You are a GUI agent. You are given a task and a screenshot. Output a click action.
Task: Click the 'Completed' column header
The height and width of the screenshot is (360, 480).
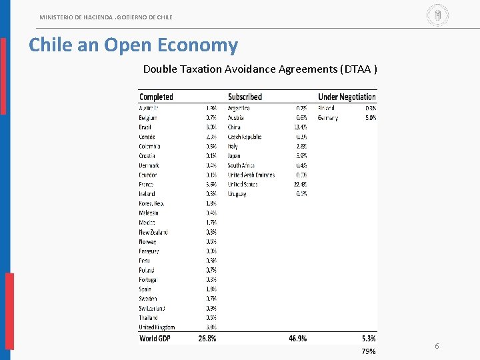click(x=156, y=97)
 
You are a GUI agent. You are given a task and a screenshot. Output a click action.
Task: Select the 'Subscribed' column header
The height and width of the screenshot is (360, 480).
click(x=245, y=97)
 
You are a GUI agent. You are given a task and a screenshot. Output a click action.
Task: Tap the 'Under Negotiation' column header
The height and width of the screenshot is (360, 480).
click(x=347, y=97)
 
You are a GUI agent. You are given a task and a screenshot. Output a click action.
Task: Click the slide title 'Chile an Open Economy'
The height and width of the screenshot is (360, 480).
click(x=133, y=45)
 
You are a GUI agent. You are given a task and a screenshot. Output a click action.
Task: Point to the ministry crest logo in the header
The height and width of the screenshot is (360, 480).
click(x=437, y=15)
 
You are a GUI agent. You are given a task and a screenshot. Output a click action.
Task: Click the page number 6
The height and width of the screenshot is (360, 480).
click(x=437, y=346)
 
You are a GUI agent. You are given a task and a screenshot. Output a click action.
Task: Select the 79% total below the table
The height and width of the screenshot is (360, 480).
click(x=369, y=351)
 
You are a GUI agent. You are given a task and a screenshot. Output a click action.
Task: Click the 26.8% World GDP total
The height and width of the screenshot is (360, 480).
click(x=207, y=339)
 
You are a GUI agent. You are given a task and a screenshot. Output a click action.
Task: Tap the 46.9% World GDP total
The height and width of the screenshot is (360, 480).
click(x=297, y=339)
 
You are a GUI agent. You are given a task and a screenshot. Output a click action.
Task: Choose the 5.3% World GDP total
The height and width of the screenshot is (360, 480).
click(x=368, y=339)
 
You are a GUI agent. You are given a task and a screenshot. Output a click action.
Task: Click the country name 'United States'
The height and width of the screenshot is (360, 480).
click(x=242, y=185)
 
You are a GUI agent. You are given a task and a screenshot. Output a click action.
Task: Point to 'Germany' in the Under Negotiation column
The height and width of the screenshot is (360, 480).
click(x=328, y=118)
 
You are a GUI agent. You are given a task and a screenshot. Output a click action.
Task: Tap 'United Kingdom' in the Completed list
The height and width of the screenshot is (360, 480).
click(x=157, y=327)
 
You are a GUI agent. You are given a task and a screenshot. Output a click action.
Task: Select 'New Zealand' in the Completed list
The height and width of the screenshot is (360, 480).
click(x=153, y=232)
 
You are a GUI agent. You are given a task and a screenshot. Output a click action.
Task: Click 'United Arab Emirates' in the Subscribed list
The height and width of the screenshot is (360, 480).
click(x=251, y=175)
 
